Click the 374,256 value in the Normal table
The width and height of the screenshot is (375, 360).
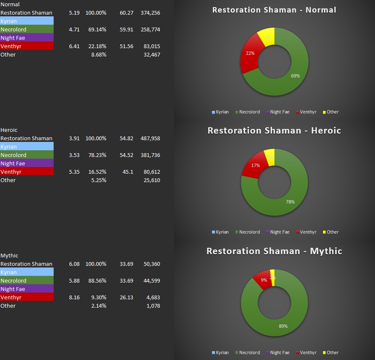(x=150, y=13)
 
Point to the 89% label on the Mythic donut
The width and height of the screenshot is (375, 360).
(x=283, y=326)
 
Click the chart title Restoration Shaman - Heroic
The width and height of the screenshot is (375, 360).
(x=274, y=131)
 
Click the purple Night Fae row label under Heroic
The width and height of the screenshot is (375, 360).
(x=27, y=164)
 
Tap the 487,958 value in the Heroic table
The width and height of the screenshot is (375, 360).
(x=150, y=139)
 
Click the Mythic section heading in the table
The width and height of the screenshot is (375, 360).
(x=9, y=256)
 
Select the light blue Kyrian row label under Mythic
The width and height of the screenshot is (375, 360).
(x=27, y=273)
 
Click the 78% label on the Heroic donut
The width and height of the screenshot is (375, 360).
(x=290, y=202)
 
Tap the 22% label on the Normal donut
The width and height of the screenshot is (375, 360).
(x=250, y=54)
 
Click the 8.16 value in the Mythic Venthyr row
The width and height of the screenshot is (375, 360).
(x=74, y=298)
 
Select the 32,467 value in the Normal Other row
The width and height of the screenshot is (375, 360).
(x=151, y=55)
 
